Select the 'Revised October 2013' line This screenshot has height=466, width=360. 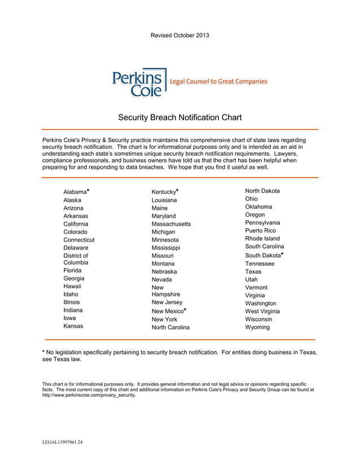[179, 36]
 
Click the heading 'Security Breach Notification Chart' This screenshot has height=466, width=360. [179, 118]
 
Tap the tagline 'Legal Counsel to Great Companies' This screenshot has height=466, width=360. [219, 82]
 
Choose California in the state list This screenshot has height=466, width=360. [76, 224]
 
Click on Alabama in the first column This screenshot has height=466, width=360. [75, 192]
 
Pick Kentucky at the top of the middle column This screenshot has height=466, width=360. [164, 192]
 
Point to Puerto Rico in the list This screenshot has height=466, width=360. [260, 231]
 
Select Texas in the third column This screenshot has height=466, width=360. [253, 271]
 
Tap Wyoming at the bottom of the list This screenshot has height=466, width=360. [257, 327]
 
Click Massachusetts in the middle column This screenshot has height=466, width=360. [171, 224]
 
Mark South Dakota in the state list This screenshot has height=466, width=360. [262, 256]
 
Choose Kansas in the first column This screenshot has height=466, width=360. [73, 326]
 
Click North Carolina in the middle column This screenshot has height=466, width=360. [170, 327]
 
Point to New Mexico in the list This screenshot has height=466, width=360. [167, 311]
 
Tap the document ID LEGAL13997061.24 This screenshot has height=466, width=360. [63, 442]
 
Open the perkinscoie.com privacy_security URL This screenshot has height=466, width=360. [89, 395]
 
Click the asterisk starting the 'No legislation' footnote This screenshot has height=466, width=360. [44, 352]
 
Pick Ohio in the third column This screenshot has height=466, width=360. [252, 199]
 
